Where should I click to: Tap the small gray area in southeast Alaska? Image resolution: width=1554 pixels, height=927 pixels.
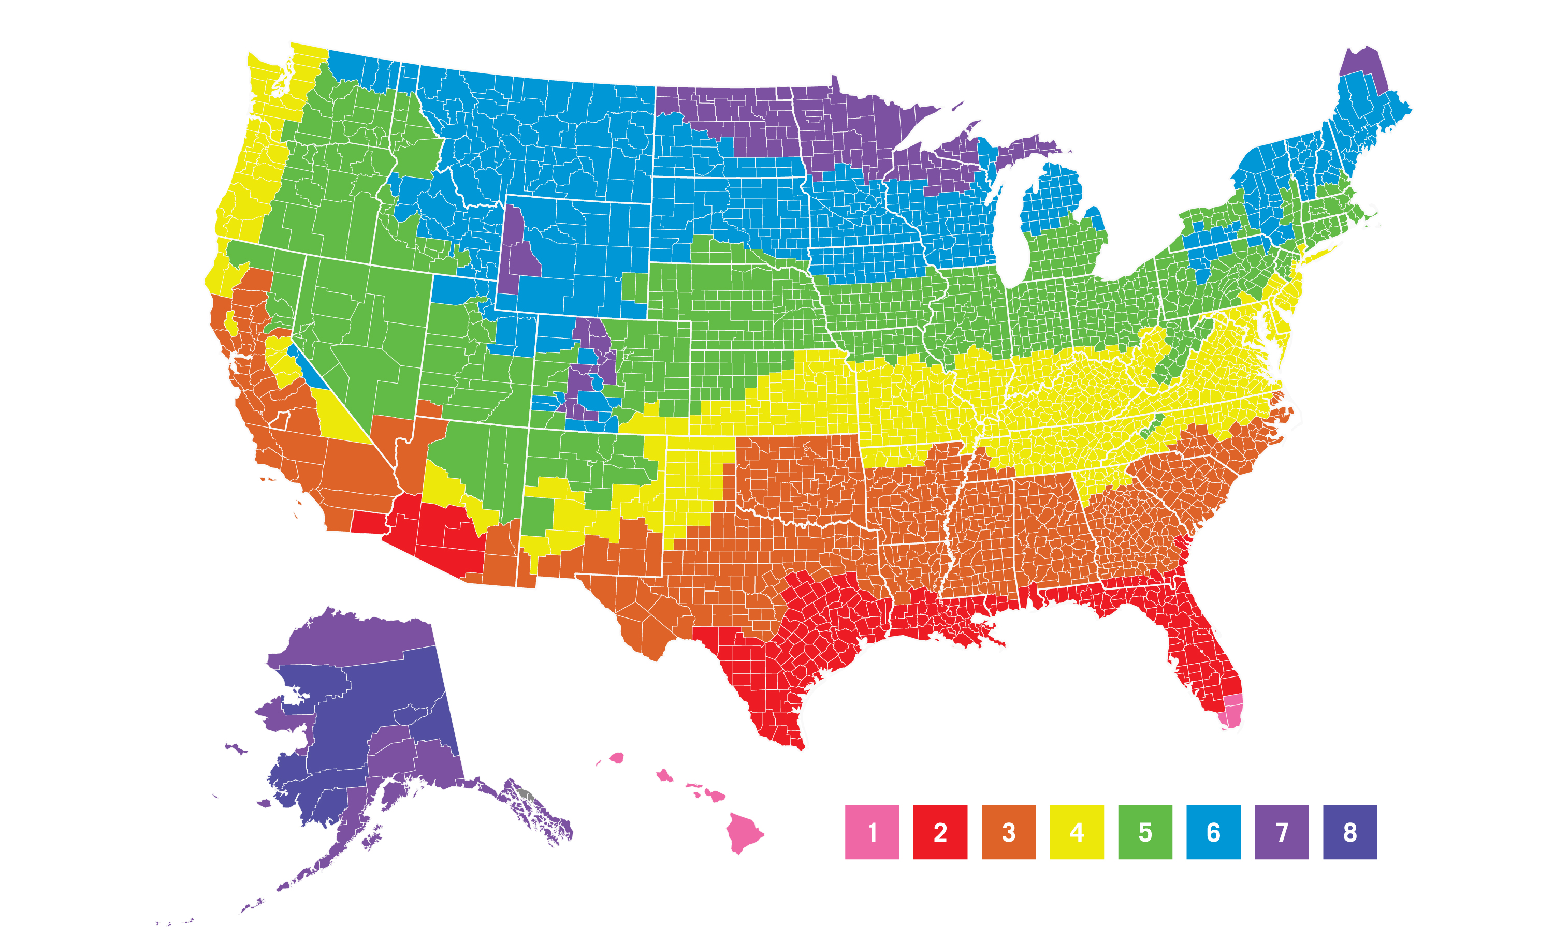(526, 794)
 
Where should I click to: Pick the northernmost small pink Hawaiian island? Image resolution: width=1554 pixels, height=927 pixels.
(616, 758)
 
